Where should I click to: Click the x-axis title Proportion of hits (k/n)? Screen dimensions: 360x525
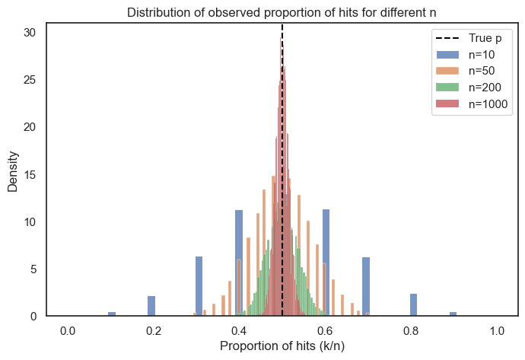pos(282,346)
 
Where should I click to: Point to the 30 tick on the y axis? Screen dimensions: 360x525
pos(30,33)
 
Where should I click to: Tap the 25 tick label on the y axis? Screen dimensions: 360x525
pos(30,80)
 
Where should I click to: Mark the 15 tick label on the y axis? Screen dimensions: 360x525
pos(30,174)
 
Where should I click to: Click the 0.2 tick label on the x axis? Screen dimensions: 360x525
pos(153,330)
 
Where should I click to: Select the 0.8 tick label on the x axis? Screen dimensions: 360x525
pos(412,330)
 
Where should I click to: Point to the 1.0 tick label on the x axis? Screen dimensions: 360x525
pos(498,330)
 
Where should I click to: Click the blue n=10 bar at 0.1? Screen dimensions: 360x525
pos(112,314)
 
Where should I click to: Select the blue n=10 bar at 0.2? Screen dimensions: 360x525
pos(151,306)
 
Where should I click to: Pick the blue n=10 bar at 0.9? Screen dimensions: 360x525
pos(453,314)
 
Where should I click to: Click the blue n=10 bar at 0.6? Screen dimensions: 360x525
pos(326,263)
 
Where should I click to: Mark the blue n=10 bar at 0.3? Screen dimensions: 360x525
pos(199,286)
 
